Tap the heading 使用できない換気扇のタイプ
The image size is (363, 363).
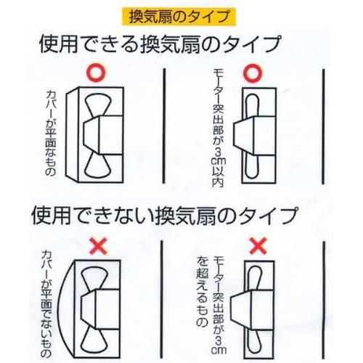pos(163,216)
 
